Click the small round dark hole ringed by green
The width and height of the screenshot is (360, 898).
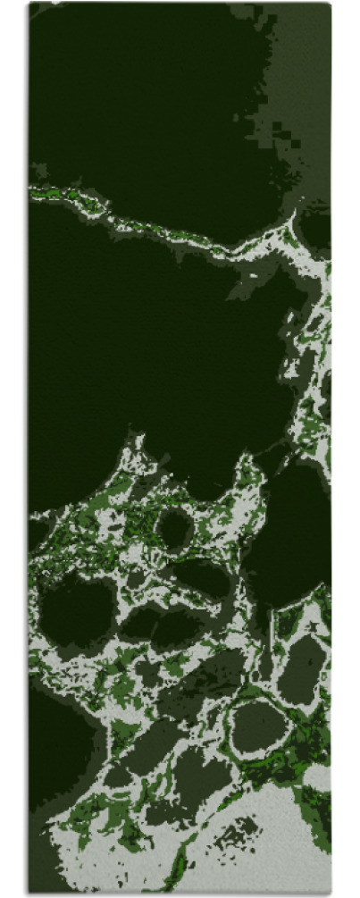pyautogui.click(x=174, y=529)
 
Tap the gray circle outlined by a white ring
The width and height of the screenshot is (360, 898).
pyautogui.click(x=258, y=726)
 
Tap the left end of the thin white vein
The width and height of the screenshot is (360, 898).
pyautogui.click(x=33, y=189)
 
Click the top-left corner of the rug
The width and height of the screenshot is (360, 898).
pyautogui.click(x=29, y=4)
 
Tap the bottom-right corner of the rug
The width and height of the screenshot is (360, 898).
pyautogui.click(x=331, y=893)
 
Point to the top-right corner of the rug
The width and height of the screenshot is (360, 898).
pyautogui.click(x=331, y=4)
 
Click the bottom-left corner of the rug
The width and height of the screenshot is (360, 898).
pyautogui.click(x=29, y=893)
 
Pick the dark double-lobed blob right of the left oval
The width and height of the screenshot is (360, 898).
pyautogui.click(x=161, y=625)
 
